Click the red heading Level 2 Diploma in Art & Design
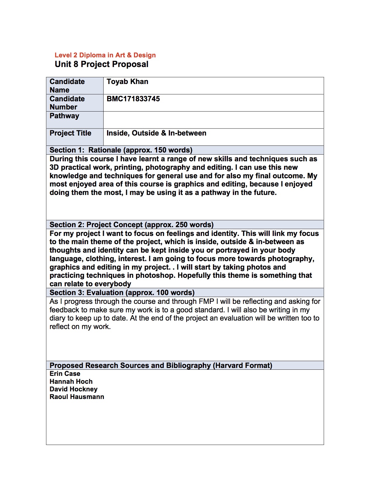coord(105,55)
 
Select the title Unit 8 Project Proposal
coord(102,64)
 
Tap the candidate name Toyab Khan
coord(127,82)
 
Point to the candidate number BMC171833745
coord(133,99)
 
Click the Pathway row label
coord(64,116)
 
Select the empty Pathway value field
coord(213,120)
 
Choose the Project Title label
coord(71,133)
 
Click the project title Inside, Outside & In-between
coord(156,133)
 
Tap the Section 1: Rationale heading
coord(121,150)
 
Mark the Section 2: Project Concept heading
coord(131,225)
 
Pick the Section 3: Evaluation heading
coord(122,293)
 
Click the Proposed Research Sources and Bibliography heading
coord(161,366)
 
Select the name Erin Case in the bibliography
coord(65,374)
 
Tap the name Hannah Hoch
coord(71,382)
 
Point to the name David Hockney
coord(73,389)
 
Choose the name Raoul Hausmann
coord(77,397)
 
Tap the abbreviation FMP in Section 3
coord(207,302)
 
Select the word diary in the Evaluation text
coord(57,318)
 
